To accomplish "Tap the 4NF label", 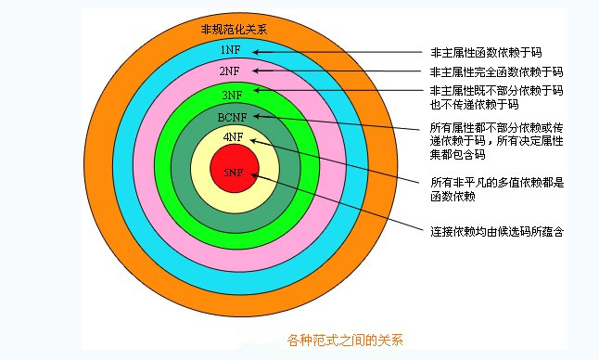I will (x=233, y=136).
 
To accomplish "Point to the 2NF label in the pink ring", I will (x=231, y=71).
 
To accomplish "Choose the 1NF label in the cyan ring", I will (x=232, y=48).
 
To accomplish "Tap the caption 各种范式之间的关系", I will (x=345, y=339).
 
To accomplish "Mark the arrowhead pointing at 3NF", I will (x=258, y=90).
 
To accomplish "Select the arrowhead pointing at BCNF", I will (x=260, y=117).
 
